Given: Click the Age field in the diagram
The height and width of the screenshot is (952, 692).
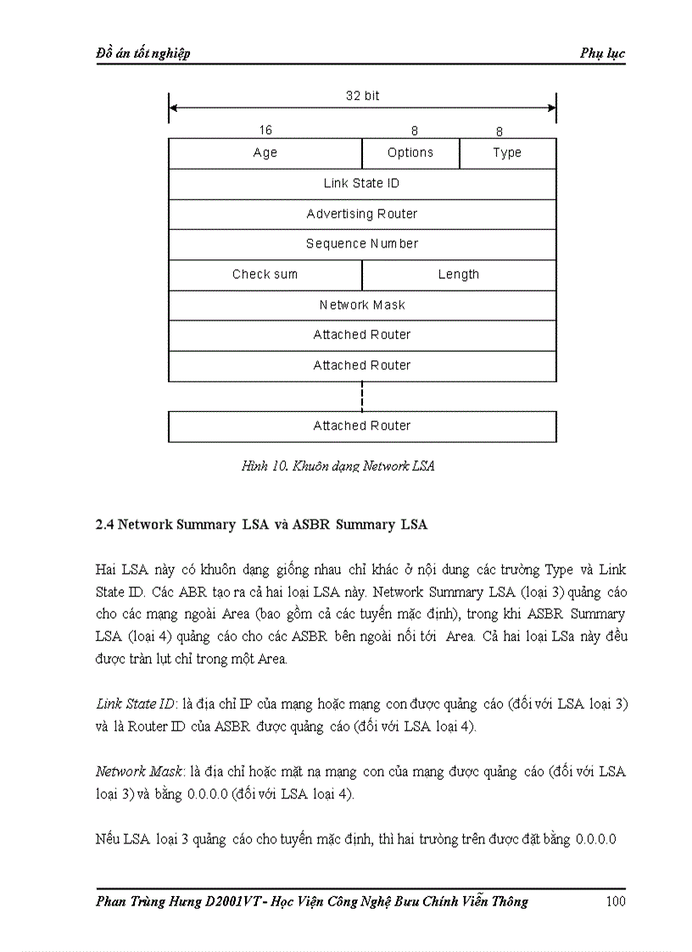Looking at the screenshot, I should click(x=265, y=153).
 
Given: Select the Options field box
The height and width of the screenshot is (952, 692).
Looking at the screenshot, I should click(x=410, y=153).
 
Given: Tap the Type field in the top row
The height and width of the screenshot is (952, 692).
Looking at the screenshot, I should click(x=507, y=153).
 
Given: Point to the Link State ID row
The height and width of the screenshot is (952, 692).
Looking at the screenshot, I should click(x=362, y=184).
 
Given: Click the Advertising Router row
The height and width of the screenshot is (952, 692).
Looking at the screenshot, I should click(x=362, y=214).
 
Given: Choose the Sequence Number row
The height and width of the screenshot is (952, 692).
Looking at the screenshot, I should click(x=362, y=244).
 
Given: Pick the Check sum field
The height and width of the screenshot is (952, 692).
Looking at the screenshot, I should click(x=265, y=275).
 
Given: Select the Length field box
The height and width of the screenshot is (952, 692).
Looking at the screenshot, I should click(x=459, y=275).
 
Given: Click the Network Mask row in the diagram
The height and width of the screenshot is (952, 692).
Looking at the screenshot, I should click(x=362, y=305).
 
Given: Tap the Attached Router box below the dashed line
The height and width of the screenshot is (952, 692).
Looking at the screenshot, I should click(x=362, y=426).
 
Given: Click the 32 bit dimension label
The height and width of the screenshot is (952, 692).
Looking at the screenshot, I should click(x=363, y=97).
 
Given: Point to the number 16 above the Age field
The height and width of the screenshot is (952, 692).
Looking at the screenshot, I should click(x=265, y=131).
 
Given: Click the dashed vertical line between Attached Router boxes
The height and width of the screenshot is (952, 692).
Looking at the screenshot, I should click(x=362, y=396).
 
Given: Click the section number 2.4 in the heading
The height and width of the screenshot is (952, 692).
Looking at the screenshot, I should click(x=104, y=525).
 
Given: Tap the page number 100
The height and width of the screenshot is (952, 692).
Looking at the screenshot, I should click(x=616, y=901).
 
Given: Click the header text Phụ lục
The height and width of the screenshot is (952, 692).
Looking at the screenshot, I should click(x=602, y=53).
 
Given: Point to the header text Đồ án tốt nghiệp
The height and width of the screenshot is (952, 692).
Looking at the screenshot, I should click(x=142, y=53).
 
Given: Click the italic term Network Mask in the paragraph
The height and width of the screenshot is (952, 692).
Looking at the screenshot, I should click(x=134, y=772).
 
